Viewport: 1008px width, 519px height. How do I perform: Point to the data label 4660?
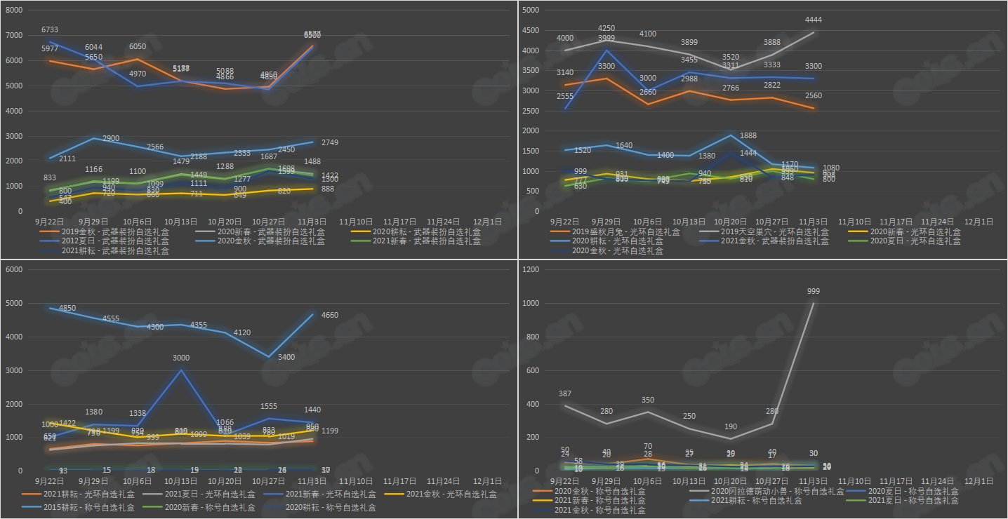[330, 316]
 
